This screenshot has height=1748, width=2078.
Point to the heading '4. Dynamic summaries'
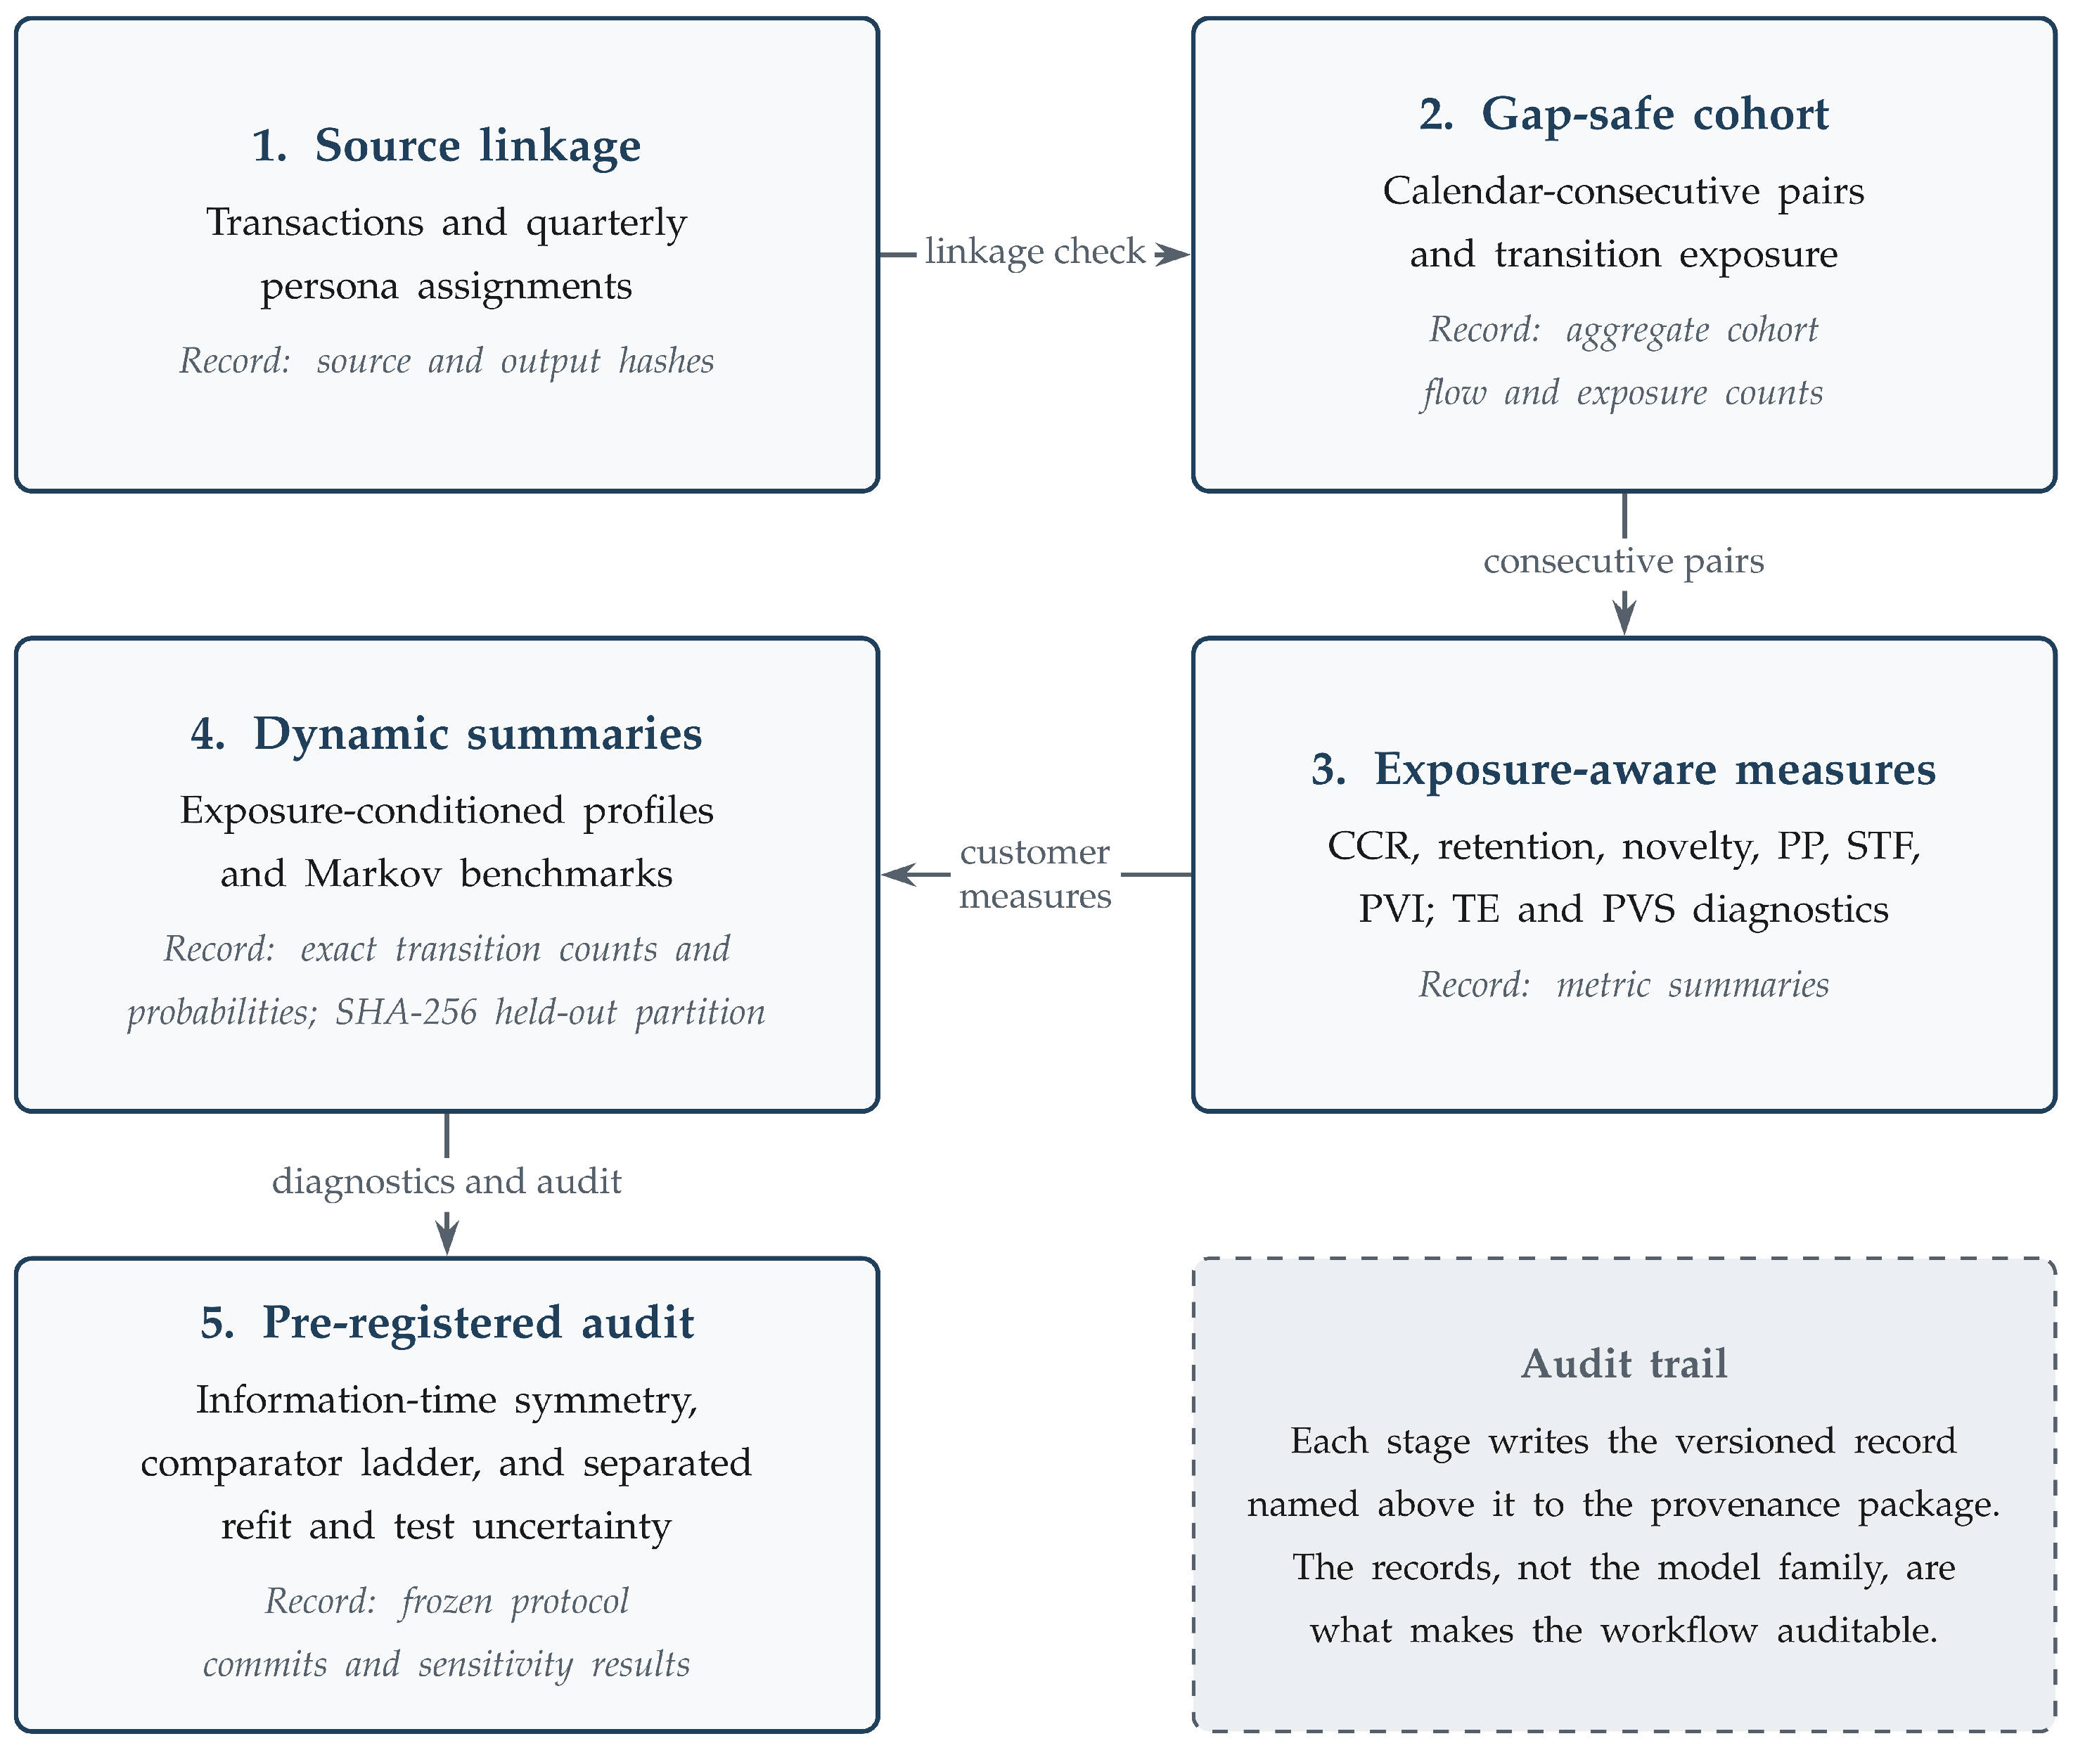point(446,734)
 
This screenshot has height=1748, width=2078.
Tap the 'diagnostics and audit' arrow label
point(447,1181)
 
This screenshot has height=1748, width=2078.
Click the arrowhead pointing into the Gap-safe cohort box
point(1172,255)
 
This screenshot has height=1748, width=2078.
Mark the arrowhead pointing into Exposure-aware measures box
point(1624,615)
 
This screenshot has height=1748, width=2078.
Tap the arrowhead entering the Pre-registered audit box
point(447,1235)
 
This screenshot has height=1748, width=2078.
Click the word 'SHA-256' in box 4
point(406,1013)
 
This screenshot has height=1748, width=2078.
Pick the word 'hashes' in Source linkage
point(666,361)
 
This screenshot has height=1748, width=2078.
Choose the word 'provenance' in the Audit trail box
point(1744,1506)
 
